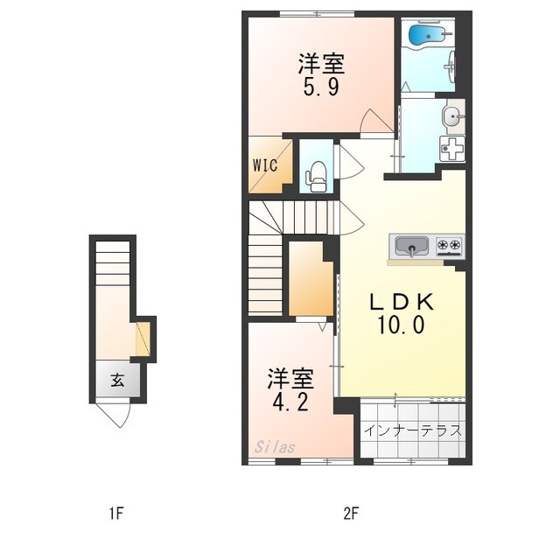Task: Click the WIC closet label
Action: click(x=266, y=164)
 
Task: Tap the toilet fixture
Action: click(x=315, y=178)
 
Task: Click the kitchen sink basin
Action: click(x=411, y=245)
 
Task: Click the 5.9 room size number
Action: click(x=321, y=87)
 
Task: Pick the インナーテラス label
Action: click(x=412, y=430)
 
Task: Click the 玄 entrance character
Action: click(x=116, y=381)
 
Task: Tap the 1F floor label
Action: click(x=116, y=514)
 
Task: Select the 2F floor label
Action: click(x=352, y=514)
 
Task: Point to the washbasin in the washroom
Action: click(x=452, y=115)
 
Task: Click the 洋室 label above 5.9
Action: click(x=321, y=64)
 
